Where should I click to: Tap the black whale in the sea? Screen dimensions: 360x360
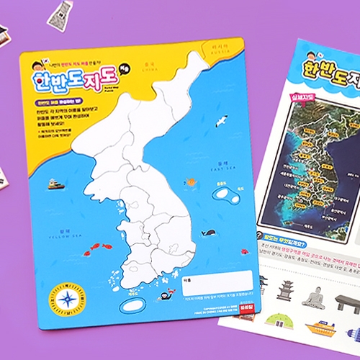209,233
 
